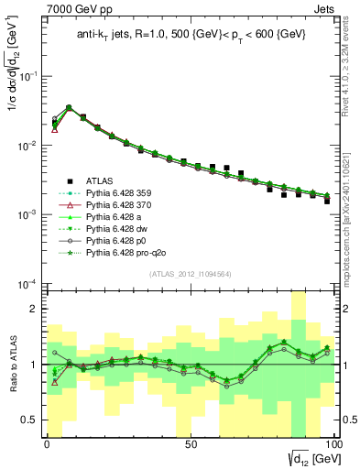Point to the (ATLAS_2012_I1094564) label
[190, 273]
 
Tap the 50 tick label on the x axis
[190, 444]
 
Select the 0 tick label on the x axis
[47, 444]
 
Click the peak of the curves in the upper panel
[69, 107]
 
